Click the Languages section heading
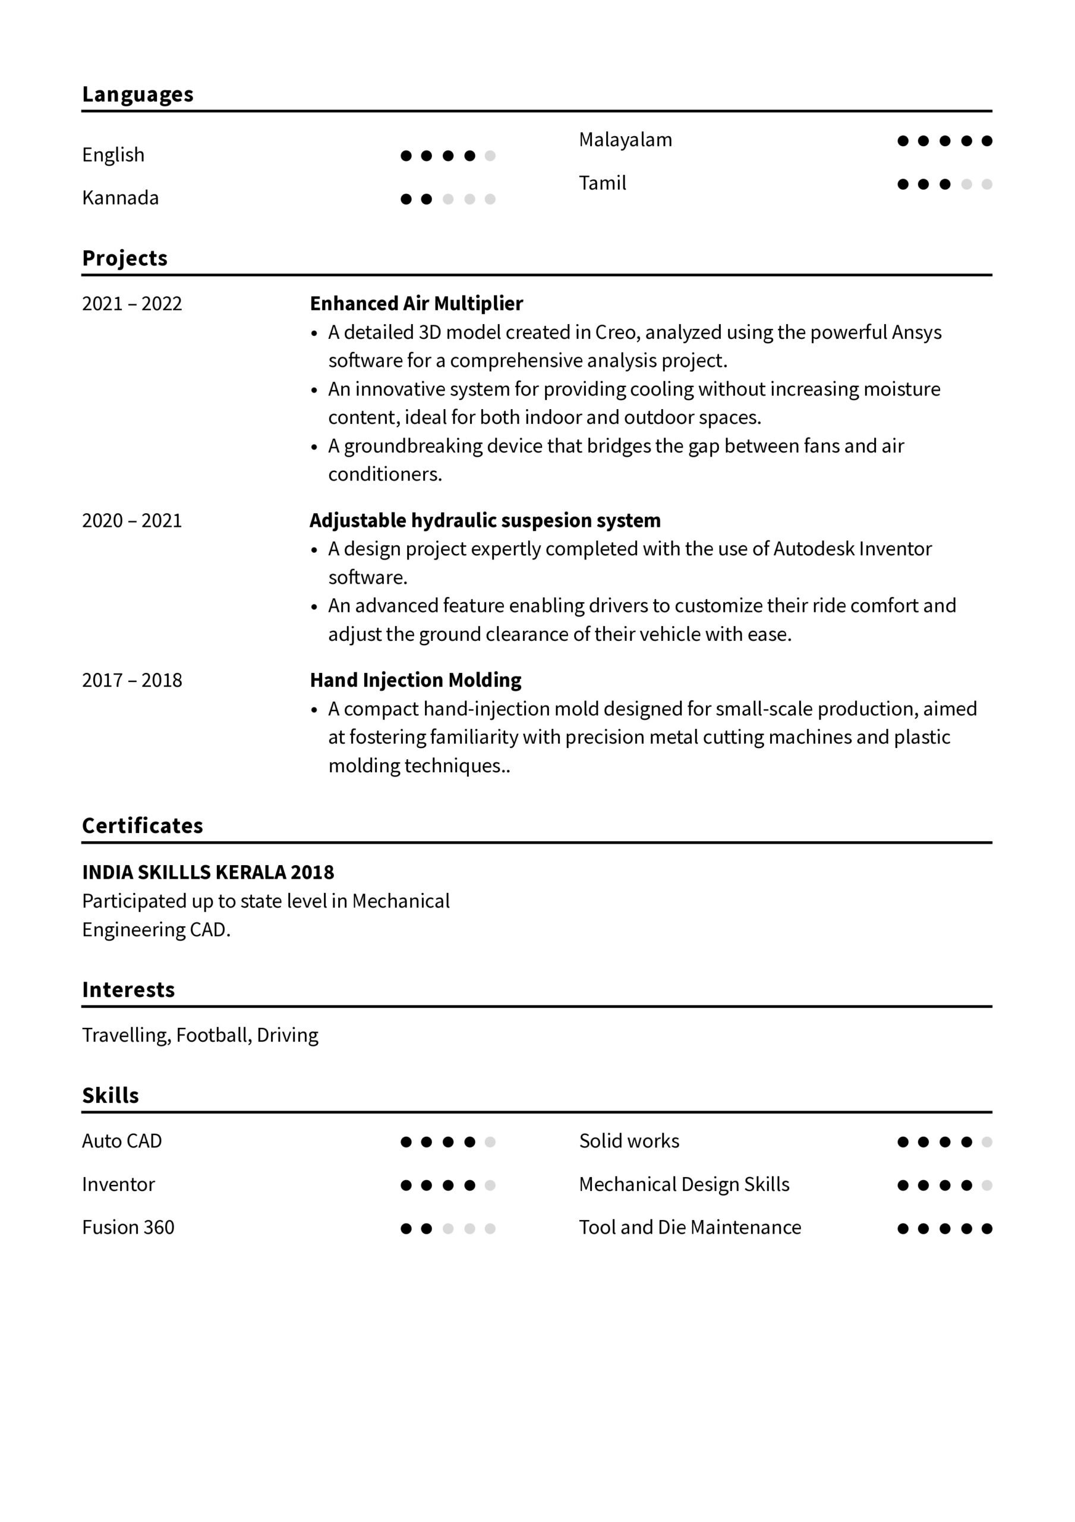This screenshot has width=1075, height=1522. tap(138, 95)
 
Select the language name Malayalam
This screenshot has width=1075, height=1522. tap(625, 140)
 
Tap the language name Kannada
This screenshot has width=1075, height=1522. tap(120, 198)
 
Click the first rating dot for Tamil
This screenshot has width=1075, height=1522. tap(903, 184)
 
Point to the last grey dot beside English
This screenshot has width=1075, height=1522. tap(490, 156)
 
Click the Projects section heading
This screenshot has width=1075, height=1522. tap(125, 259)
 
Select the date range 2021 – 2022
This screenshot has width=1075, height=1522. tap(132, 304)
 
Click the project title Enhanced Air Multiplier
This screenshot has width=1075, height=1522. tap(416, 304)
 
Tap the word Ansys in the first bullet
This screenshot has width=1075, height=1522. tap(916, 332)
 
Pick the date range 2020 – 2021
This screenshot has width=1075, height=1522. tap(132, 520)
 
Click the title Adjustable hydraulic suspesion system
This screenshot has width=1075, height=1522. tap(484, 520)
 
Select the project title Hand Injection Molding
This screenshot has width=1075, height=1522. tap(415, 680)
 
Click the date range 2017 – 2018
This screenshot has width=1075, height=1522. tap(132, 680)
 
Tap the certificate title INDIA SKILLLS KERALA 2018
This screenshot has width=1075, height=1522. tap(208, 872)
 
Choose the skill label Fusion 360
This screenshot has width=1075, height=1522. tap(128, 1228)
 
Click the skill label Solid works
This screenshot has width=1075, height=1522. tap(629, 1141)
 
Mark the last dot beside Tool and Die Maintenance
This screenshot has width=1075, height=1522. tap(987, 1228)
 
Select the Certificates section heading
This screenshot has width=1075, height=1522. tap(143, 826)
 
